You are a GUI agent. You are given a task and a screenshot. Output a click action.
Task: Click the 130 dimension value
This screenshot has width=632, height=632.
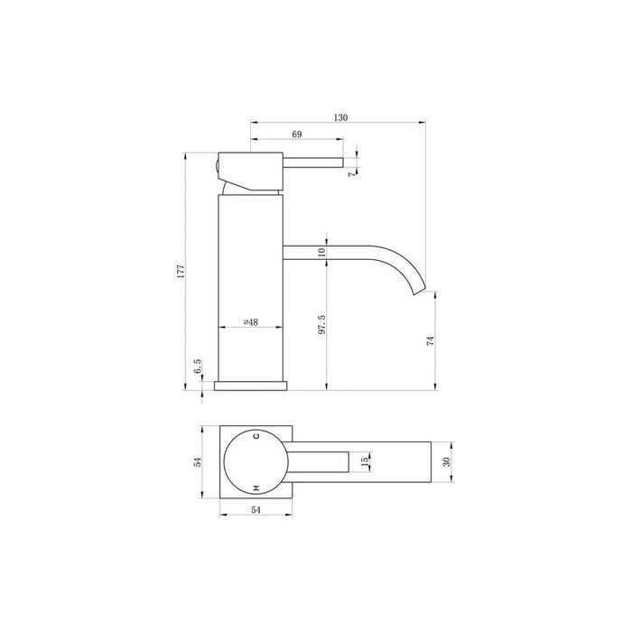340,117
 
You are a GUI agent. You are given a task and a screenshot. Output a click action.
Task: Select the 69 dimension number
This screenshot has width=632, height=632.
297,135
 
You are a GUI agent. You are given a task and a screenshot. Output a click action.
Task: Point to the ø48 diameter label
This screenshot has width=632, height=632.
253,322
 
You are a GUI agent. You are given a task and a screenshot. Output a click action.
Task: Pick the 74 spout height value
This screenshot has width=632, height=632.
431,341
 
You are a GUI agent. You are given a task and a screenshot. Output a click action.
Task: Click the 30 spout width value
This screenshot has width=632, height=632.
446,461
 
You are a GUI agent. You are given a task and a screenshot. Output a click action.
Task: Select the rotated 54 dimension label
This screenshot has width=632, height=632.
198,461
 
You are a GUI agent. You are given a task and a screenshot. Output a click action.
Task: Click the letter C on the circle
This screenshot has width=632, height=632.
256,436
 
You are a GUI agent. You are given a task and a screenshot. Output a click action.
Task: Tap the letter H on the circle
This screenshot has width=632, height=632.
256,487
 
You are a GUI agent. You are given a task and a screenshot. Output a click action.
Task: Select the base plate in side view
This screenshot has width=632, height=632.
250,386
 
